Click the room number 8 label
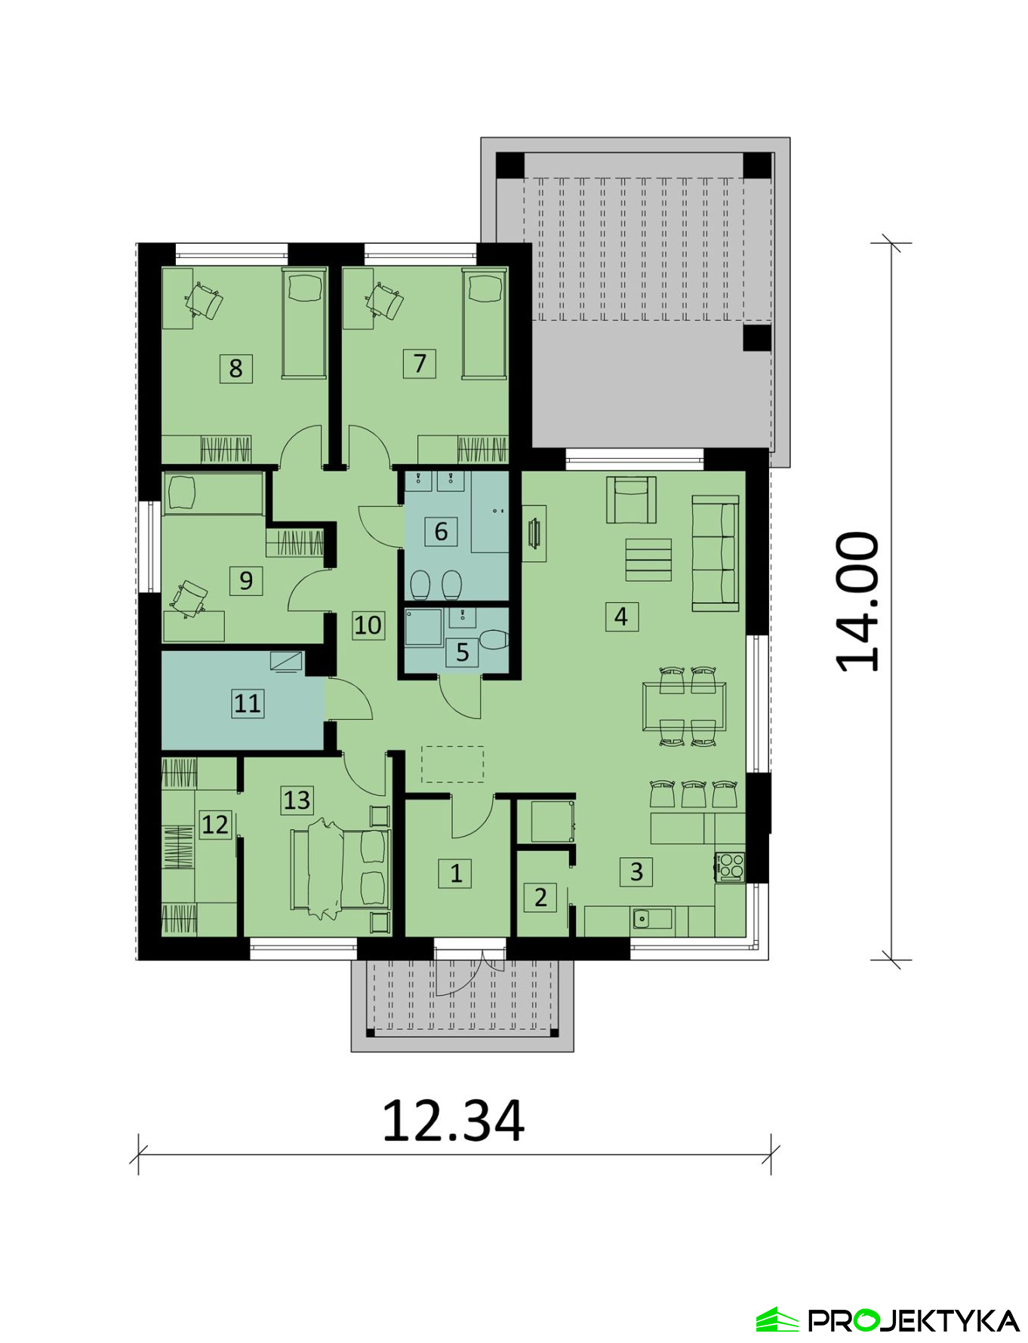[236, 368]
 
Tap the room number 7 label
[420, 363]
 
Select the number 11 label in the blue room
[248, 703]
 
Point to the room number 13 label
[297, 800]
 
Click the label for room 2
[540, 898]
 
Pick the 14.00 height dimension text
[858, 601]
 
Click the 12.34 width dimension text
[453, 1121]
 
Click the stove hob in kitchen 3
[731, 866]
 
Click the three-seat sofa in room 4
[716, 553]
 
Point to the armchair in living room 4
[631, 499]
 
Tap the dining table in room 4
[685, 706]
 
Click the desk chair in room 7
[386, 302]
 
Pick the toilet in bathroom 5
[494, 641]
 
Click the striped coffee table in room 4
[648, 560]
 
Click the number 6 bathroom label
[442, 531]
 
